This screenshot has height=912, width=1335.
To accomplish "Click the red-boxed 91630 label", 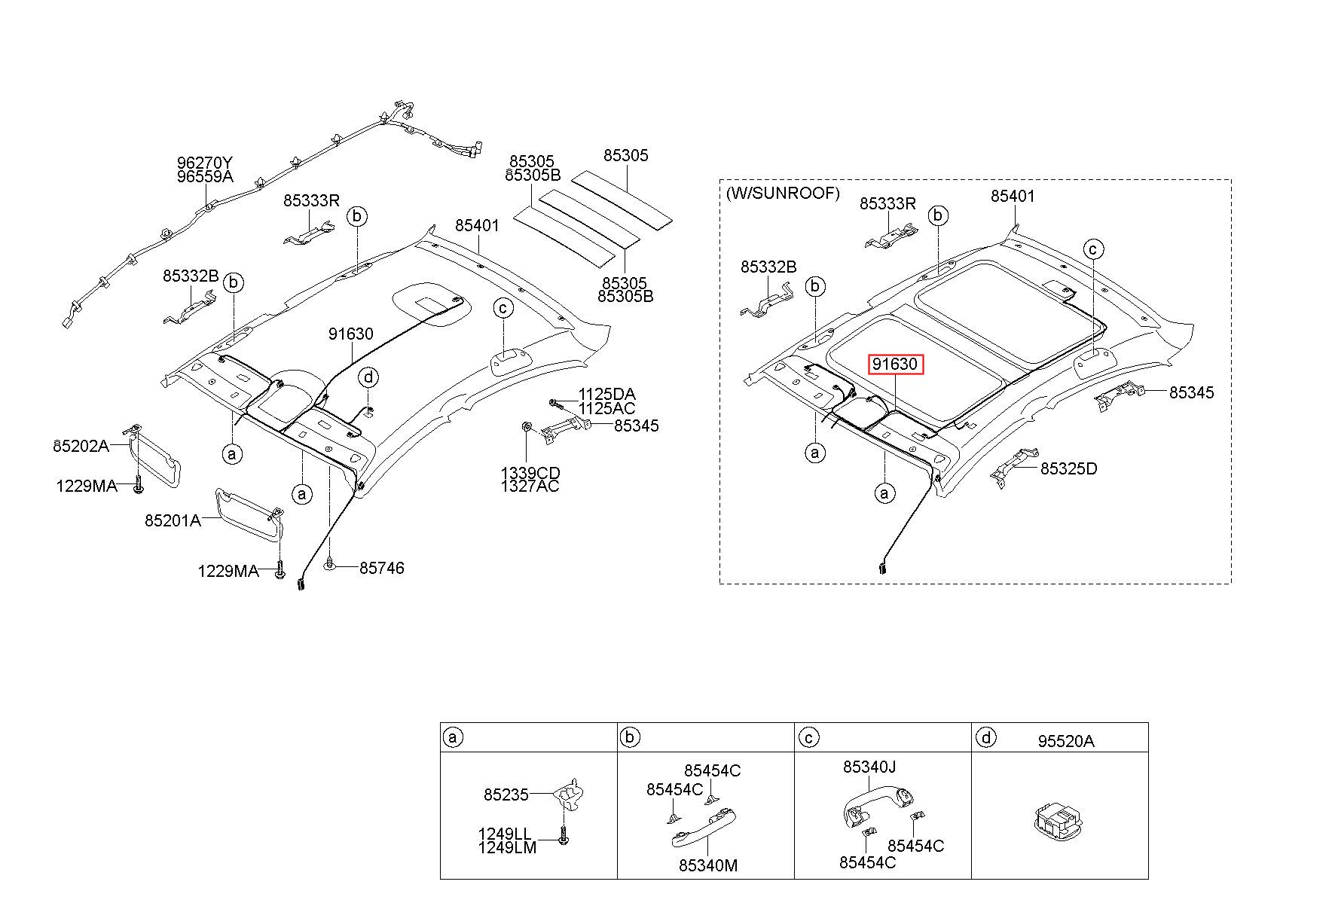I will tap(895, 364).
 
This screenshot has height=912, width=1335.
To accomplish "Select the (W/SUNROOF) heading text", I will tap(782, 193).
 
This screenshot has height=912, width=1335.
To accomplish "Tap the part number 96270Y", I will tap(205, 163).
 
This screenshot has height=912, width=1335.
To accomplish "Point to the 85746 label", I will tap(381, 568).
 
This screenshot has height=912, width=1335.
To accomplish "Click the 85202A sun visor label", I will tap(81, 446).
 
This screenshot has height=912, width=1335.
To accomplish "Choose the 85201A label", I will tap(173, 520).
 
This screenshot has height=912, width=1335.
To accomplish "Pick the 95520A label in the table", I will tap(1066, 741).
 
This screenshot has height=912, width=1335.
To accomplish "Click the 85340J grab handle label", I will tap(869, 767).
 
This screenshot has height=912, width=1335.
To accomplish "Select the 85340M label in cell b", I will tap(707, 865).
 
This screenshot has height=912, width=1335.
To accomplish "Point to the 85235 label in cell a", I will tap(506, 795).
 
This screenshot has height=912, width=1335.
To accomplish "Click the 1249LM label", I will tap(507, 847).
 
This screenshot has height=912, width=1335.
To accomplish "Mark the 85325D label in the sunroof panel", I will tap(1068, 468).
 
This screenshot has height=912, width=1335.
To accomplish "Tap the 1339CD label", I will tap(530, 473).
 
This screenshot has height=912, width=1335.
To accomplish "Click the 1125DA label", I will tap(606, 394).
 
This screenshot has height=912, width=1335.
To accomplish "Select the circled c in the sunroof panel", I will tap(1093, 249).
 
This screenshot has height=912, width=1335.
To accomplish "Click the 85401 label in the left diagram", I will tap(477, 225).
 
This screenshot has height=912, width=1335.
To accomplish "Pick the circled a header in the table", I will tap(452, 737).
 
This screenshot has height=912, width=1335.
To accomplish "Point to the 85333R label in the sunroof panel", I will tap(887, 203).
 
